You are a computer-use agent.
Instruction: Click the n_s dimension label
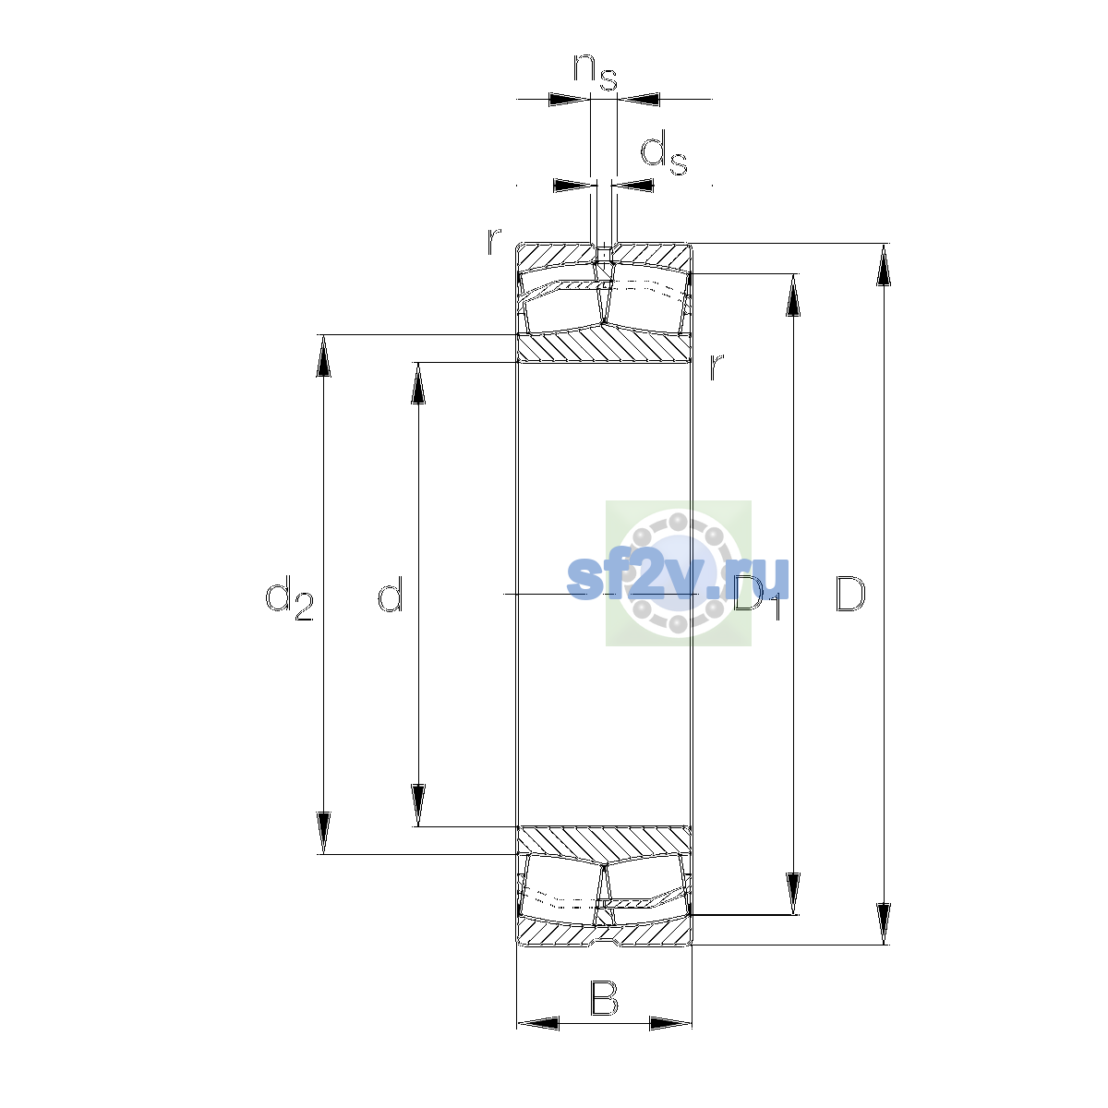tap(596, 72)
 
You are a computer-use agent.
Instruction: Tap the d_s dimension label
tap(664, 152)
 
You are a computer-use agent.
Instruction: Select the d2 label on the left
tap(289, 597)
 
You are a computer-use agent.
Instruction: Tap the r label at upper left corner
tap(493, 242)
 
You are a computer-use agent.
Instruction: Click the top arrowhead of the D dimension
tap(884, 264)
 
